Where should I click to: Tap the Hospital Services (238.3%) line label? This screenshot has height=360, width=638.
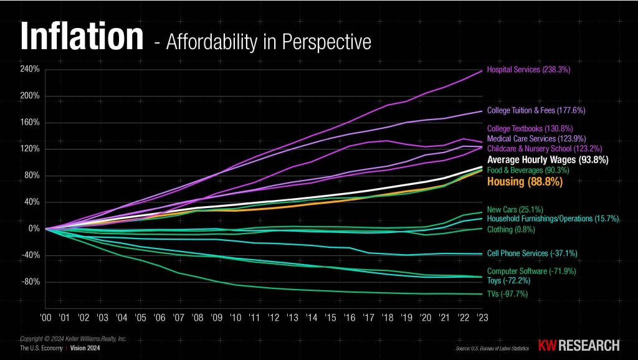pyautogui.click(x=528, y=70)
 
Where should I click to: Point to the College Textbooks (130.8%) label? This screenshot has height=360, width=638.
pyautogui.click(x=527, y=129)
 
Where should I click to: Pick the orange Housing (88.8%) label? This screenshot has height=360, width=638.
pyautogui.click(x=525, y=182)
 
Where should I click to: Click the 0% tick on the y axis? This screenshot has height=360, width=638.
pyautogui.click(x=35, y=229)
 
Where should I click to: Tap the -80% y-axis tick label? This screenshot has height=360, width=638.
pyautogui.click(x=32, y=282)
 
